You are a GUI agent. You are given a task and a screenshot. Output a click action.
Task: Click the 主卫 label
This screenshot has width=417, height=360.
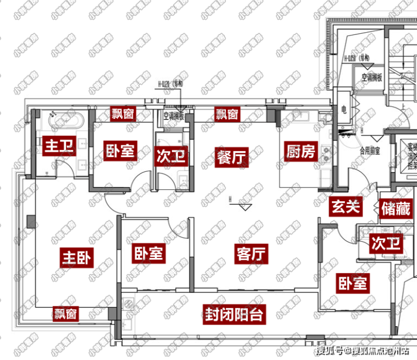point(59,147)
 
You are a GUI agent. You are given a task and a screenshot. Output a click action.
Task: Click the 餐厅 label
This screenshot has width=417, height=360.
point(231,158)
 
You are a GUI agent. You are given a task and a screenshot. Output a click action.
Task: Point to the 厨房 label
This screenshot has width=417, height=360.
point(301,151)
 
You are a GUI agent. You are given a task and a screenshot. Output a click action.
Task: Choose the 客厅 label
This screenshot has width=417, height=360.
point(251,255)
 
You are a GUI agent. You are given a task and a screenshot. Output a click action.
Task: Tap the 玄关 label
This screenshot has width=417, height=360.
point(344,207)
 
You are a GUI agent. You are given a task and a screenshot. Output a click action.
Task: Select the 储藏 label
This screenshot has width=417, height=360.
point(395,208)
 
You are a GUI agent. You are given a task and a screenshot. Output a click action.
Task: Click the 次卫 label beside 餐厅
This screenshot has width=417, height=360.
point(171,155)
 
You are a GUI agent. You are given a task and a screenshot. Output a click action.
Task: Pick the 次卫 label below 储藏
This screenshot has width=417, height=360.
point(386,244)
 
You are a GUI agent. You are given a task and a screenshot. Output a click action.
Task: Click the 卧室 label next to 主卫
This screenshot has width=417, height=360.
point(120,151)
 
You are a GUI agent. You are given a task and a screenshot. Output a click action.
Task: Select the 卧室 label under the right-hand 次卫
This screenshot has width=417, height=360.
point(353,282)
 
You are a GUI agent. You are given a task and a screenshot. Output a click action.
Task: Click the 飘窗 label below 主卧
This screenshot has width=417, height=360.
point(66,313)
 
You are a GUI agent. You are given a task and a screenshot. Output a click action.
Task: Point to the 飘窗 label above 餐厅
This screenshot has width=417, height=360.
point(227,114)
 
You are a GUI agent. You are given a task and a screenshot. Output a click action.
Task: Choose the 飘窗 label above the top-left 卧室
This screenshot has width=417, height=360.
point(122,114)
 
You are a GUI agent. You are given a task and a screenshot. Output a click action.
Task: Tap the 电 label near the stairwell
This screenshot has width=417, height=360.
point(343,110)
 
